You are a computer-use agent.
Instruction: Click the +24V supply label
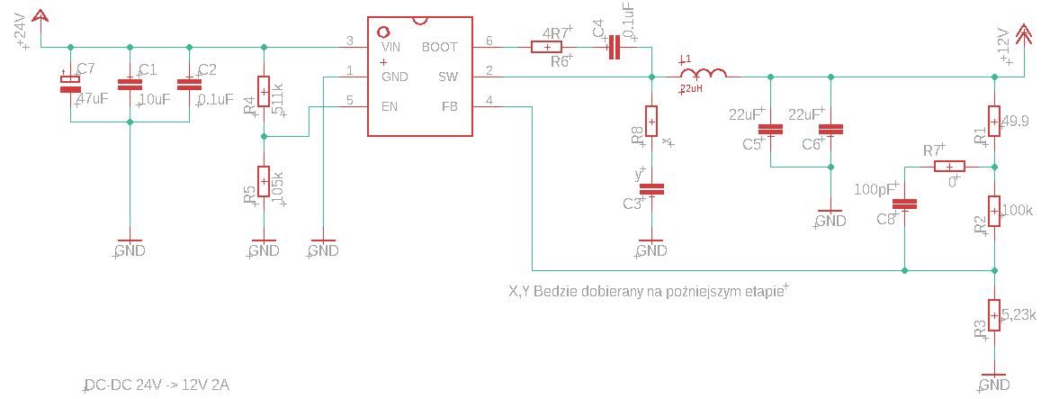pyautogui.click(x=21, y=35)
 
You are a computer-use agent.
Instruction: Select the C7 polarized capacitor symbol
pyautogui.click(x=70, y=84)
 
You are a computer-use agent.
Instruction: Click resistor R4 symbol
pyautogui.click(x=264, y=92)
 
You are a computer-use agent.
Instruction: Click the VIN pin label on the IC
pyautogui.click(x=390, y=47)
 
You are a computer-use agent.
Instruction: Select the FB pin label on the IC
pyautogui.click(x=449, y=106)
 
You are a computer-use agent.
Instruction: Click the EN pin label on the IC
pyautogui.click(x=389, y=106)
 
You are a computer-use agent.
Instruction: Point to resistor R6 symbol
pyautogui.click(x=547, y=47)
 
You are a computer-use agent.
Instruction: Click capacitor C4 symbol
pyautogui.click(x=615, y=47)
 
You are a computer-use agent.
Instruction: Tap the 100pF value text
pyautogui.click(x=872, y=189)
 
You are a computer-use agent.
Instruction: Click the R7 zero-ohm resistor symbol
pyautogui.click(x=949, y=167)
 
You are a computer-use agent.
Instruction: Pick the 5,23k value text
pyautogui.click(x=1019, y=314)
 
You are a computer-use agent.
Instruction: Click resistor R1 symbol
pyautogui.click(x=994, y=120)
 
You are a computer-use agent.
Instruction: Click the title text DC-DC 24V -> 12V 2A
pyautogui.click(x=157, y=386)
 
